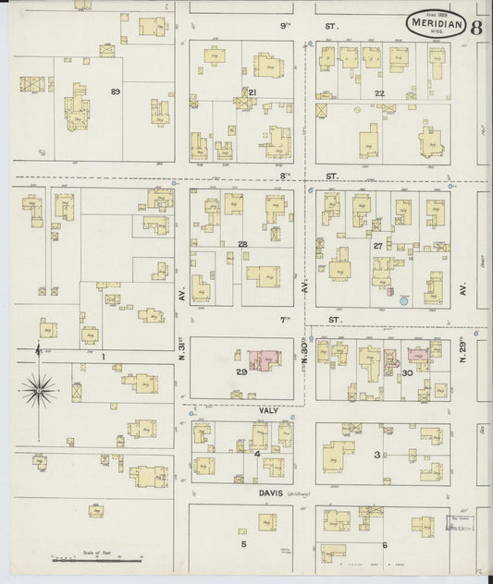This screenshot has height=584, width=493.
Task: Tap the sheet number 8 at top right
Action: [475, 26]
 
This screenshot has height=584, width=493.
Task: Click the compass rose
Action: [38, 392]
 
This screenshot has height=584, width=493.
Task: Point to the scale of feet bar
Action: [96, 558]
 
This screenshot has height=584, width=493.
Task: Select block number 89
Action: [116, 91]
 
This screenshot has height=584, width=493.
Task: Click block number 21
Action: [252, 91]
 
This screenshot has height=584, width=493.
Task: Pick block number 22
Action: [379, 92]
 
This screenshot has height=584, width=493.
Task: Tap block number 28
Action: [242, 244]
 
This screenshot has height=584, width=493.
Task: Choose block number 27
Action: [377, 246]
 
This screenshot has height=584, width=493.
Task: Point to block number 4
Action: [256, 453]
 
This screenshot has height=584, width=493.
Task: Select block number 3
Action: [376, 454]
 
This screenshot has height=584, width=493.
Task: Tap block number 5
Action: [244, 544]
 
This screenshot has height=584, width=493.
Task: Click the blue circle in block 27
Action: [403, 300]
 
